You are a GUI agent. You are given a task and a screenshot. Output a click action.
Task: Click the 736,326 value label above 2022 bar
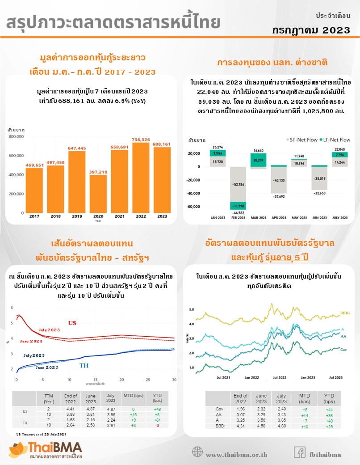tap(141, 139)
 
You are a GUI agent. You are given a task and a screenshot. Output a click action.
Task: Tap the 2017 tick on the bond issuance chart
tap(34, 216)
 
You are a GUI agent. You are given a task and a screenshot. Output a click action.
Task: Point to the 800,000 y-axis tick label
tap(16, 136)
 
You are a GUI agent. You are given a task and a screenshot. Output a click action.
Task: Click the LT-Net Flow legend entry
tap(334, 140)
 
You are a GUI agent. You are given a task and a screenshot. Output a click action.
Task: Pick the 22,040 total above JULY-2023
tap(340, 149)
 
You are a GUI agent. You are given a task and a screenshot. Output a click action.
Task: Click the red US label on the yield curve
tap(72, 323)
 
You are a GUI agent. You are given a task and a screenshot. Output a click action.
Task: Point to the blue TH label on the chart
tap(84, 365)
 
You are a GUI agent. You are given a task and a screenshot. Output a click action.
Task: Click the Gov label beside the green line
tap(344, 349)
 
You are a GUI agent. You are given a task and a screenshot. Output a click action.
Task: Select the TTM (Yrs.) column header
tap(49, 398)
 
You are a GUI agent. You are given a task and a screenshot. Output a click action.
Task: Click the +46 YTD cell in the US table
tap(157, 410)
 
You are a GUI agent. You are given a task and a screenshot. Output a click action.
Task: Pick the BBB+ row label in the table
tap(220, 427)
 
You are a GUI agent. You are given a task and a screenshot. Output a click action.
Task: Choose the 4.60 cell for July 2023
tap(281, 427)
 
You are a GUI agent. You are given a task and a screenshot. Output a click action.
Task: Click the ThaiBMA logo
tap(45, 450)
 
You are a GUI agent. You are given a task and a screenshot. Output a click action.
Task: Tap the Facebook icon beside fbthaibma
tap(300, 452)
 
